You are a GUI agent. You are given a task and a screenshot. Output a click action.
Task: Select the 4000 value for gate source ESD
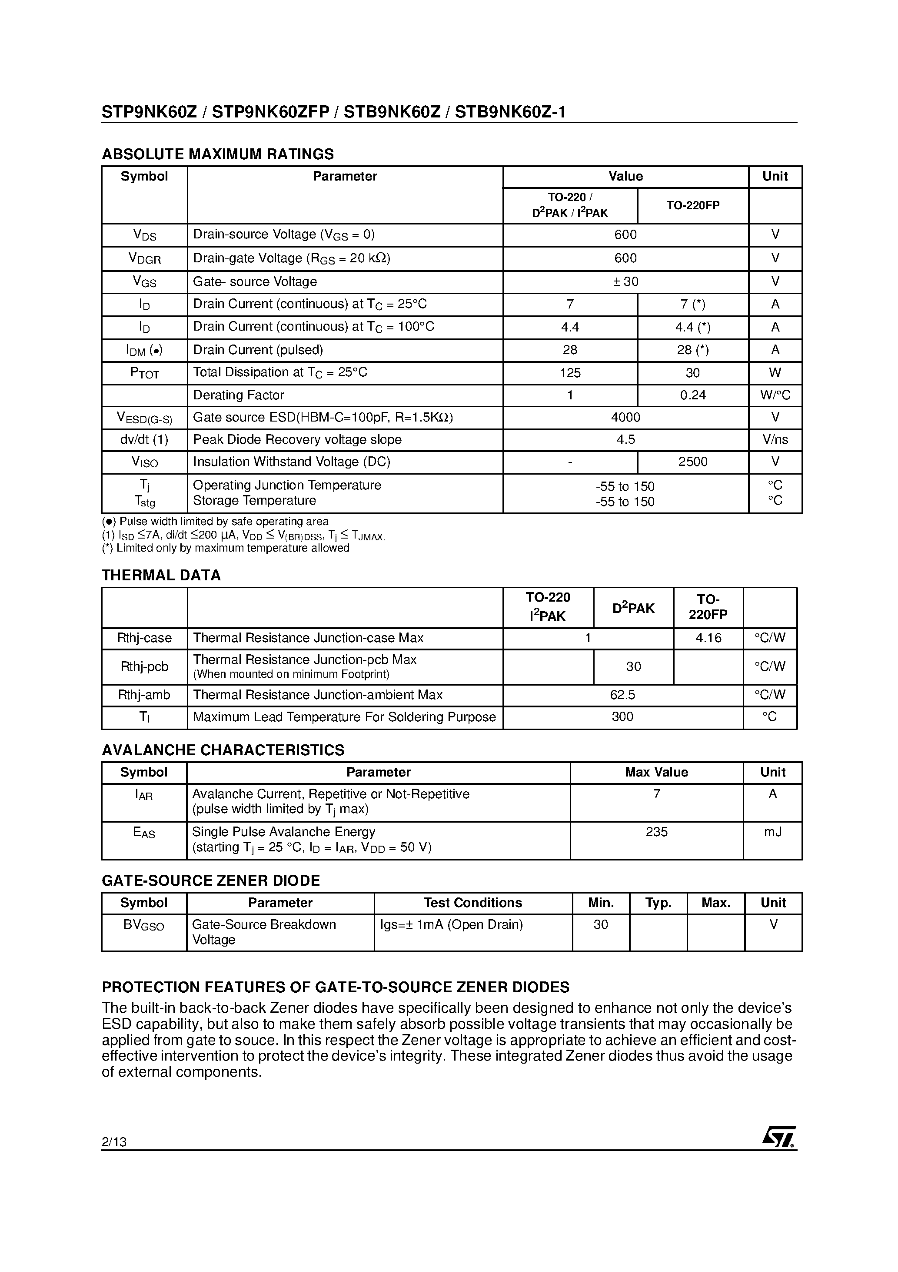pyautogui.click(x=625, y=417)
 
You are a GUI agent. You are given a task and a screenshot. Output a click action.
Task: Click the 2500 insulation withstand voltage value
pyautogui.click(x=692, y=462)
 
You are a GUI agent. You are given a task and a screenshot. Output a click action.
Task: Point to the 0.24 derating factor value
pyautogui.click(x=692, y=395)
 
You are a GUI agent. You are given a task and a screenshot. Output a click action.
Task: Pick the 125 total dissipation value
pyautogui.click(x=570, y=373)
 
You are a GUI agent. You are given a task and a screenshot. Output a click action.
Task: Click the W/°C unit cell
pyautogui.click(x=775, y=395)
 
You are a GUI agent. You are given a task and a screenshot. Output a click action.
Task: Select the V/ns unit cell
pyautogui.click(x=775, y=439)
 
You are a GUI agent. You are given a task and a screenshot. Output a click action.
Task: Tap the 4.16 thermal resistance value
pyautogui.click(x=708, y=638)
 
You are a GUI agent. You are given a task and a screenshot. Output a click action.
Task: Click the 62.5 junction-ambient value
pyautogui.click(x=622, y=695)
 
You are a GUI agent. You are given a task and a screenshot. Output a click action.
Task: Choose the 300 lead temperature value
pyautogui.click(x=622, y=717)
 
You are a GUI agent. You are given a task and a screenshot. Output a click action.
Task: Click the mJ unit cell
pyautogui.click(x=772, y=832)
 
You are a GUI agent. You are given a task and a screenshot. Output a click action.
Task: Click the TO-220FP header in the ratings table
pyautogui.click(x=692, y=205)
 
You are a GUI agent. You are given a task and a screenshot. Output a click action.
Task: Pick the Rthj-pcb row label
pyautogui.click(x=144, y=666)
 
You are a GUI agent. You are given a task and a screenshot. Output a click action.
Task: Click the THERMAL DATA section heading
pyautogui.click(x=161, y=575)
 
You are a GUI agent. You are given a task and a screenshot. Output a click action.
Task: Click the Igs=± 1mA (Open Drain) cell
pyautogui.click(x=451, y=925)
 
